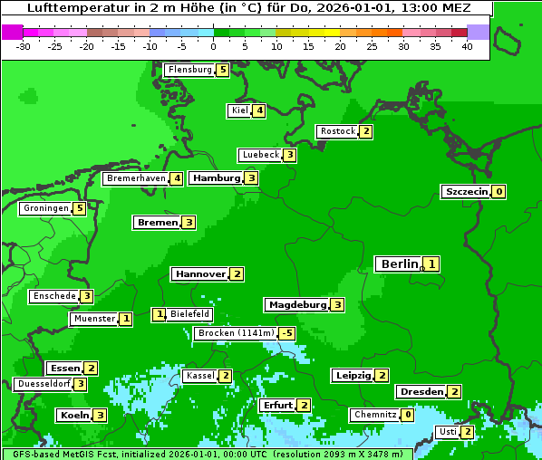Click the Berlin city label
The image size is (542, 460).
tap(399, 264)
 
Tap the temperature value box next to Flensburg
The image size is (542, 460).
tap(222, 70)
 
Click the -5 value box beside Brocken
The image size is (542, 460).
tap(286, 333)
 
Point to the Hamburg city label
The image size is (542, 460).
tap(216, 178)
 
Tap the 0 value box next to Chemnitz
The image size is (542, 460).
tap(408, 415)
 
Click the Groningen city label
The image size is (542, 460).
tap(45, 208)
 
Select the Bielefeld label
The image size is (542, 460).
tap(190, 314)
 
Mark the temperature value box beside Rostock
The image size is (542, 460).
tap(365, 131)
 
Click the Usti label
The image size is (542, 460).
tap(448, 432)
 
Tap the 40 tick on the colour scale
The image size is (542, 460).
tap(467, 46)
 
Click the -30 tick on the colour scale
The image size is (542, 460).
tap(24, 46)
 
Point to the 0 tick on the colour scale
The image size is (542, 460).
tap(214, 46)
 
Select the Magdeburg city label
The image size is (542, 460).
tap(296, 305)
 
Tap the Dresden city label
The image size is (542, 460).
tap(421, 392)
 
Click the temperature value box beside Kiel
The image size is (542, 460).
tap(259, 110)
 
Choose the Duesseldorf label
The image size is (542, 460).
tap(43, 384)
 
